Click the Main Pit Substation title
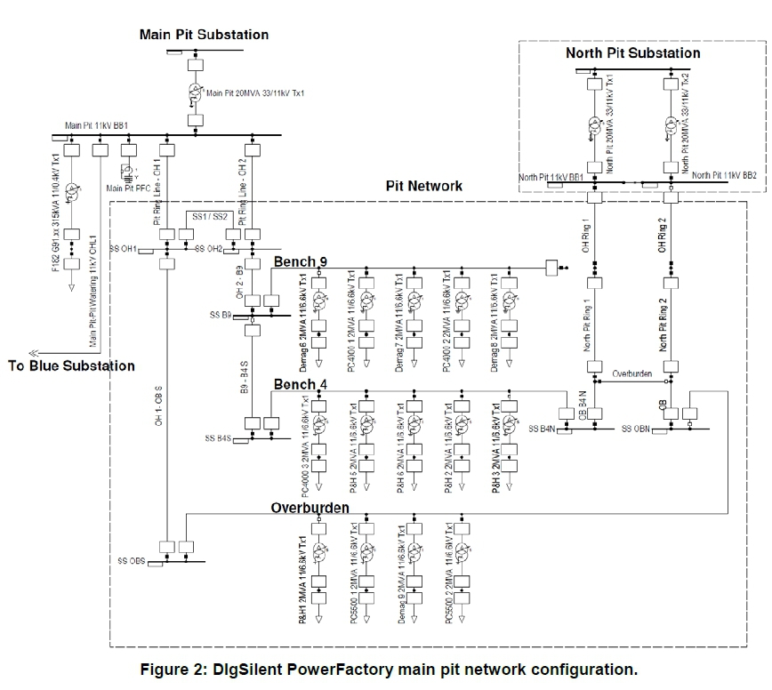(x=204, y=35)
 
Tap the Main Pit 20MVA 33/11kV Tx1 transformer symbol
(x=195, y=92)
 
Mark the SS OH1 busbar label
(x=123, y=248)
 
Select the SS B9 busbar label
(x=218, y=315)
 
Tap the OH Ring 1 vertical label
(x=586, y=233)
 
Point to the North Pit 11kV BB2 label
(x=723, y=176)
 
